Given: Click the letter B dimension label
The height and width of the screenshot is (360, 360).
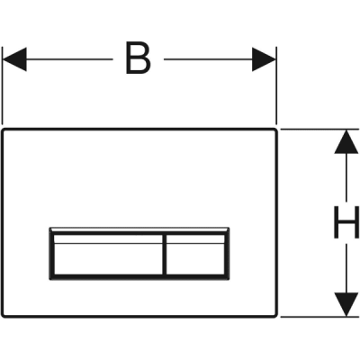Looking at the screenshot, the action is click(x=138, y=58).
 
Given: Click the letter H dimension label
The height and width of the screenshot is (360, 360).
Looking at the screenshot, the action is click(x=346, y=222).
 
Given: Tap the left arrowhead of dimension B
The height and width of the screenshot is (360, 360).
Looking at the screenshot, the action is click(x=14, y=59).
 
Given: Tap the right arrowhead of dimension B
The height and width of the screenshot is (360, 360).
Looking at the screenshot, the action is click(x=264, y=59).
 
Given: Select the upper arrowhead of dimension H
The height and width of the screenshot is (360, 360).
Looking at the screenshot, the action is click(x=346, y=141).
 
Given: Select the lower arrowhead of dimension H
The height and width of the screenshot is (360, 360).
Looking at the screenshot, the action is click(x=346, y=304).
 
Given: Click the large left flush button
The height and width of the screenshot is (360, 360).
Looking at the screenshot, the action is click(x=108, y=255).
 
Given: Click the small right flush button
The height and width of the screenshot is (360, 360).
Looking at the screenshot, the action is click(x=195, y=255).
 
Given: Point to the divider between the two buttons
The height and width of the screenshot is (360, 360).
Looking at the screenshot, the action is click(x=165, y=255).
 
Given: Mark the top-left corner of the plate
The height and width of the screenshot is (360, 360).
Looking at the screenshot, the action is click(x=3, y=129).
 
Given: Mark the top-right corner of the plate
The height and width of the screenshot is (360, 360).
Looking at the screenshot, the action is click(x=276, y=129).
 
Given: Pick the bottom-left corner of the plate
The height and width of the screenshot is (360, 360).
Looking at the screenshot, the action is click(x=3, y=316).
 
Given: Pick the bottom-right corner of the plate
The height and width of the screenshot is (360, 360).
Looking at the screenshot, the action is click(x=276, y=316).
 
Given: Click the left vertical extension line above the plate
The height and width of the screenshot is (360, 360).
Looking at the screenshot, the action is click(x=3, y=85).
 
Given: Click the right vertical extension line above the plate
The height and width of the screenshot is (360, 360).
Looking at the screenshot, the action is click(x=276, y=85).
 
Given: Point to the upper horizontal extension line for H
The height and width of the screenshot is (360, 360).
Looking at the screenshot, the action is click(x=319, y=130).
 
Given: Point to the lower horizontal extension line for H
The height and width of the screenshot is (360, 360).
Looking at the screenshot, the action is click(x=319, y=316).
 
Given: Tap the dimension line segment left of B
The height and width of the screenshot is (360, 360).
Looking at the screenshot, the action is click(x=69, y=59).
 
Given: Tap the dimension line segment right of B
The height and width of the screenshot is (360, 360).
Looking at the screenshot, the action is click(x=208, y=59).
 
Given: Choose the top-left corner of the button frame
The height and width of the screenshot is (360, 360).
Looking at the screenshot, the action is click(x=49, y=228).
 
